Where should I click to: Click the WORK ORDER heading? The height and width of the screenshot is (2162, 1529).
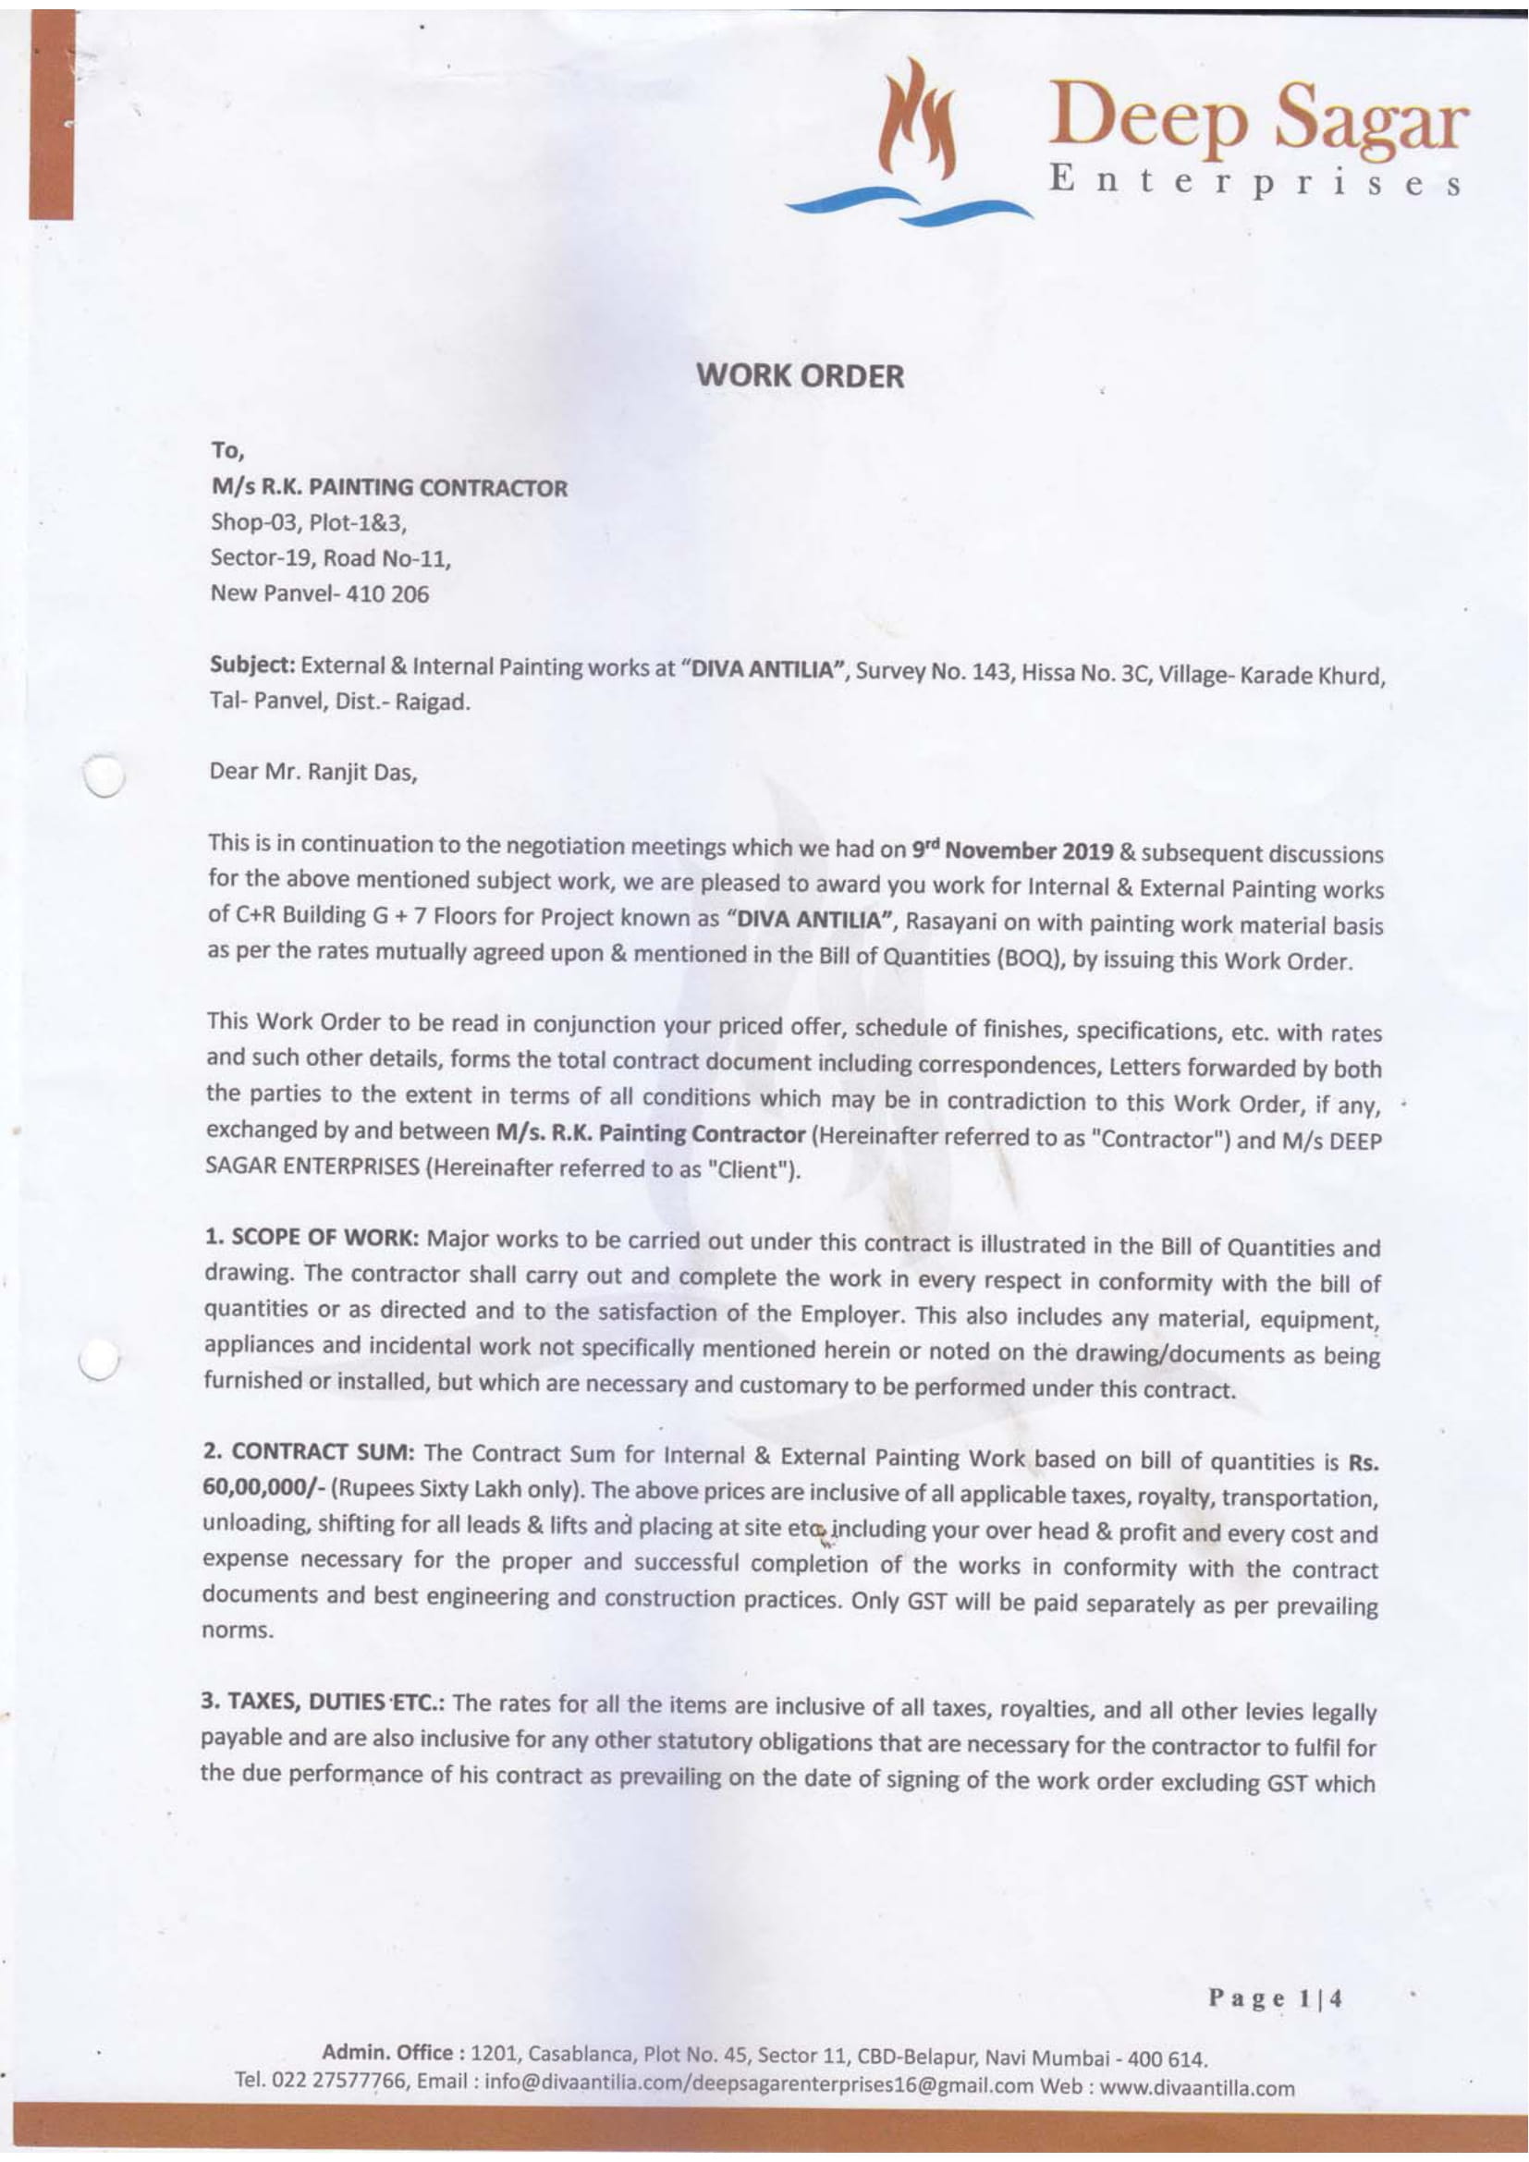[800, 376]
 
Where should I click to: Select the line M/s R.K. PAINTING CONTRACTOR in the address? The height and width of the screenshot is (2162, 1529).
[388, 488]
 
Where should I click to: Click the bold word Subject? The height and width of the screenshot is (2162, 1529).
[252, 665]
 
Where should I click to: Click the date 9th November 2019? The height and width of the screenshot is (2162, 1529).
[1012, 850]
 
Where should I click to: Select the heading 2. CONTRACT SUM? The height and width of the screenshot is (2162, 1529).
[308, 1451]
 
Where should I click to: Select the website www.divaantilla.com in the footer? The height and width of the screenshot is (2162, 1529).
[1196, 2088]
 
